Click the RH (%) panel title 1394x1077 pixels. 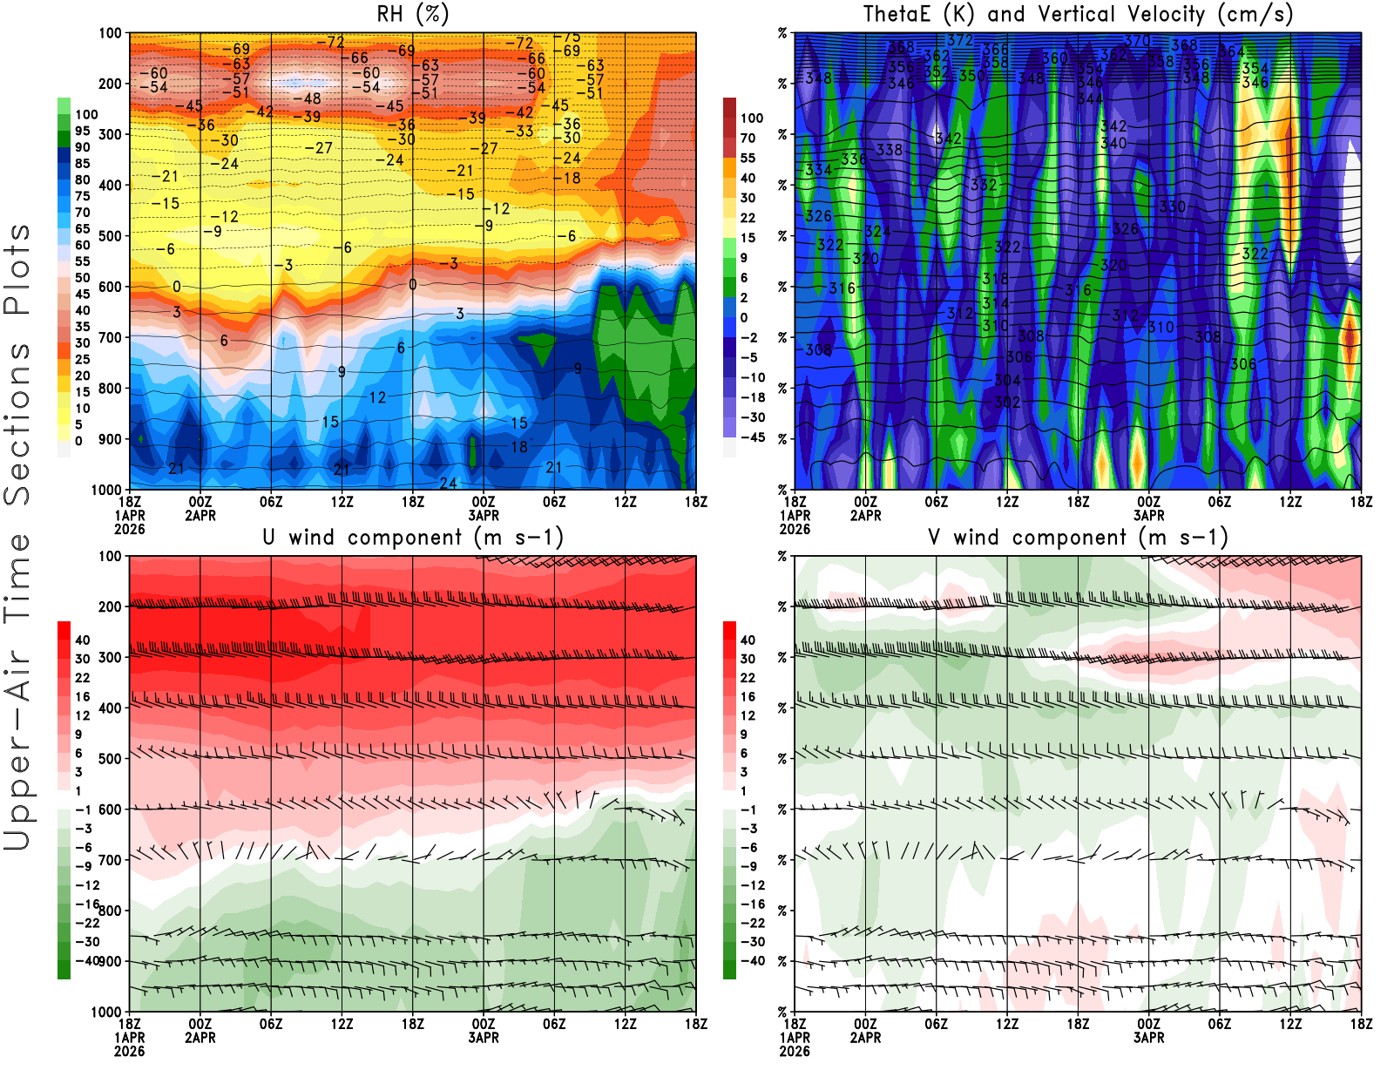tap(412, 15)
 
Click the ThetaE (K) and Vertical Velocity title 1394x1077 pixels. tap(1078, 15)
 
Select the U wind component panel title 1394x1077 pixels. tap(412, 538)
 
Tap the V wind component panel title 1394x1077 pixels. tap(1078, 538)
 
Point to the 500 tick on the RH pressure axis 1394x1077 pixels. tap(111, 236)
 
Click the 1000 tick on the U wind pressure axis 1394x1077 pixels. tap(107, 1013)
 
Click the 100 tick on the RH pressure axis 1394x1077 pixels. tap(111, 33)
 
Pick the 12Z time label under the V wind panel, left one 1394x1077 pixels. tap(1007, 1025)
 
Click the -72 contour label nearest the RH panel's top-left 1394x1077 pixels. tap(330, 42)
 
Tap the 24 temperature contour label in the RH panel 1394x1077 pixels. tap(448, 484)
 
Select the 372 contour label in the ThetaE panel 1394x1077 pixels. tap(959, 40)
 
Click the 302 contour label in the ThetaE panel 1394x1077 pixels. tap(1007, 403)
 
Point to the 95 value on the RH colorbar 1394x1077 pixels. tap(83, 131)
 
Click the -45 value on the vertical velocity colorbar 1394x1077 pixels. tap(752, 437)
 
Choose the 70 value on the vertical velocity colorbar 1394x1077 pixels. tap(748, 138)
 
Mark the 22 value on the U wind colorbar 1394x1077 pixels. tap(83, 678)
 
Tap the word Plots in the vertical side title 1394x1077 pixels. tap(17, 269)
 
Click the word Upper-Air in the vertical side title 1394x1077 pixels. tap(17, 749)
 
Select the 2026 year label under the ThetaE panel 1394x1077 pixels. tap(795, 1052)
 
